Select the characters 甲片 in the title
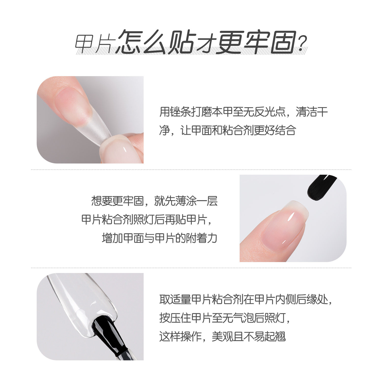[93, 44]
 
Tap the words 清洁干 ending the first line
[312, 112]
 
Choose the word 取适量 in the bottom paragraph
[175, 299]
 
